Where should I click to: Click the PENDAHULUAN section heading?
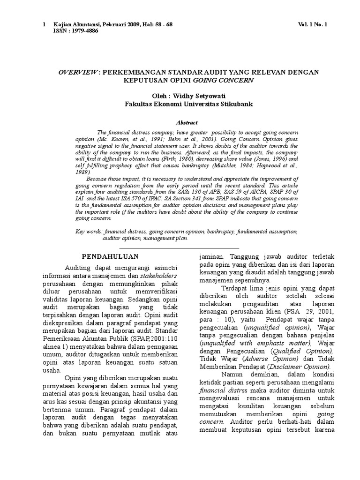(x=110, y=256)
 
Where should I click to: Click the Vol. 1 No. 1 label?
(x=313, y=24)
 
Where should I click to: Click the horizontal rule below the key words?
(x=179, y=247)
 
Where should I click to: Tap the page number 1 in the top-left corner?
(x=45, y=24)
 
